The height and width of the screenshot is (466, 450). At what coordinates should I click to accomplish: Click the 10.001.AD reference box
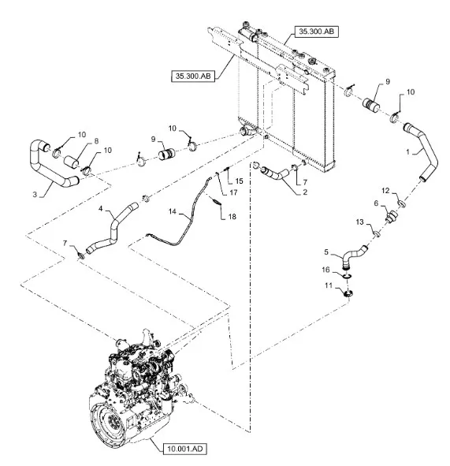(184, 448)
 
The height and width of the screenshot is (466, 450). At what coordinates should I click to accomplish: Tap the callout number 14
(173, 211)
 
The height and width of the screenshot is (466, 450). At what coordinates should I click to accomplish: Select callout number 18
(232, 217)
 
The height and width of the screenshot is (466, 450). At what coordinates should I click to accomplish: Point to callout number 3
(35, 195)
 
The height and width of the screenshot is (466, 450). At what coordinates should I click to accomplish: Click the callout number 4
(100, 209)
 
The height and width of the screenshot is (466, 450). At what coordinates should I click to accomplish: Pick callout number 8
(96, 141)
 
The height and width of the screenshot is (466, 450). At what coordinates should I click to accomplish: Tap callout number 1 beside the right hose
(407, 152)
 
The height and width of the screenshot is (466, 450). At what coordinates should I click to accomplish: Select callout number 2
(305, 192)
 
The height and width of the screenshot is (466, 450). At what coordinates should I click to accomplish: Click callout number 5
(326, 252)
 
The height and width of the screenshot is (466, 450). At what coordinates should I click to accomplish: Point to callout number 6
(377, 203)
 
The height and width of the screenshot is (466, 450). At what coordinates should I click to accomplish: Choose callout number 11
(328, 285)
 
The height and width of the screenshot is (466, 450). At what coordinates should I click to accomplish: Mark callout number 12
(385, 191)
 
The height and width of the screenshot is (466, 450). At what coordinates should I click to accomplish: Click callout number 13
(359, 222)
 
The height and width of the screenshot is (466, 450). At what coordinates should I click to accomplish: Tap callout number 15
(239, 181)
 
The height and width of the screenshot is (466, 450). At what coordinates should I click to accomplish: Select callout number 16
(325, 270)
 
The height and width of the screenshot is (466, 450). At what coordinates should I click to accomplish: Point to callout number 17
(234, 192)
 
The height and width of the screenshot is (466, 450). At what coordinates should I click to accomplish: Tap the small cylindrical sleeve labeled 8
(72, 161)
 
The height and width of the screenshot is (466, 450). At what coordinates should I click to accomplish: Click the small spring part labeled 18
(216, 200)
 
